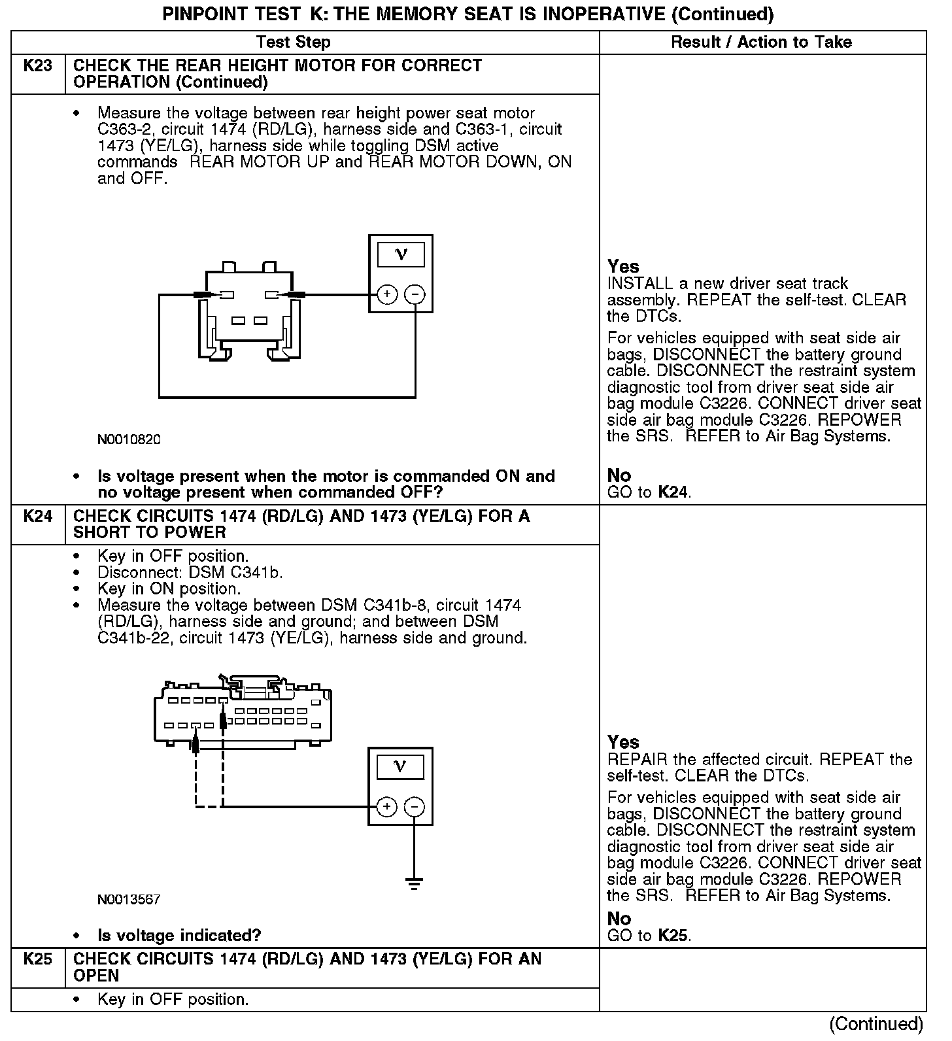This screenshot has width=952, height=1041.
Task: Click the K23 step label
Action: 38,66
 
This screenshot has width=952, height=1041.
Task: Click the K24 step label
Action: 38,517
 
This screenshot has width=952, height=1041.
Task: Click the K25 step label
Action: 38,959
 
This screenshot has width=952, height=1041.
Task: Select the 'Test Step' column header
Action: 294,43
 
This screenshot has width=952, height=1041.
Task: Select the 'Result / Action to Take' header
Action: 761,43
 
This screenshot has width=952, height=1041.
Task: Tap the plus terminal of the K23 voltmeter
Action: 387,295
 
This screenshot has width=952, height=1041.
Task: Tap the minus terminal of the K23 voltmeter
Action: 415,295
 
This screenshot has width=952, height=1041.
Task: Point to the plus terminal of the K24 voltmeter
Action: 387,807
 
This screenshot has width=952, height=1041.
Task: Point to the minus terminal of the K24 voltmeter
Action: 414,807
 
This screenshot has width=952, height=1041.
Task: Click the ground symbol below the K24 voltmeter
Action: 414,883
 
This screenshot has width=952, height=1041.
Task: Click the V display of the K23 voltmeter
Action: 401,254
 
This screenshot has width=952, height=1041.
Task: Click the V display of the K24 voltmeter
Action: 401,766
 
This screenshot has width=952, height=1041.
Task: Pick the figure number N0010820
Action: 129,439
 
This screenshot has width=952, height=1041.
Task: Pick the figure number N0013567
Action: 129,900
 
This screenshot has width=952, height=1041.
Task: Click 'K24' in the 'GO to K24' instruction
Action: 673,492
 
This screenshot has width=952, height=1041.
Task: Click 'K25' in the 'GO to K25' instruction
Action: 673,936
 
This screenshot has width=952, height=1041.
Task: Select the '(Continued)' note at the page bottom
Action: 876,1024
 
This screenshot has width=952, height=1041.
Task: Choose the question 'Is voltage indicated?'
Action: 179,936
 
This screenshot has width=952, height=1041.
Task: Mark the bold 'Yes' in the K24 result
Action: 622,742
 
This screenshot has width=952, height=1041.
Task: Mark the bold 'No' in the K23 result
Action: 619,475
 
